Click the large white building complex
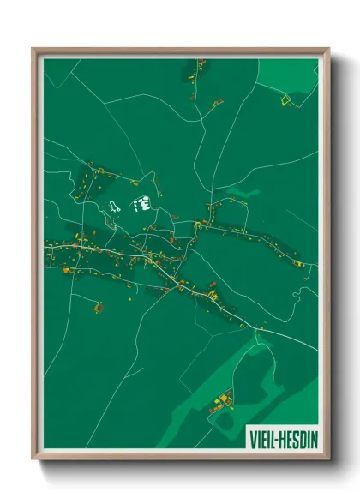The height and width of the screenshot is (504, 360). pos(141,204)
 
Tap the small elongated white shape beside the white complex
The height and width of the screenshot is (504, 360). pos(114,207)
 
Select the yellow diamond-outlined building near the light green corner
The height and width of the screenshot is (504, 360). pos(285,100)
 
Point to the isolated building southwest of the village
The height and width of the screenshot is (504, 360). pos(99,305)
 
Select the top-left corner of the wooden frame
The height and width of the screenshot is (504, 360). pos(33,49)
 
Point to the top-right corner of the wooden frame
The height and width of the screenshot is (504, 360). pos(328,49)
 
